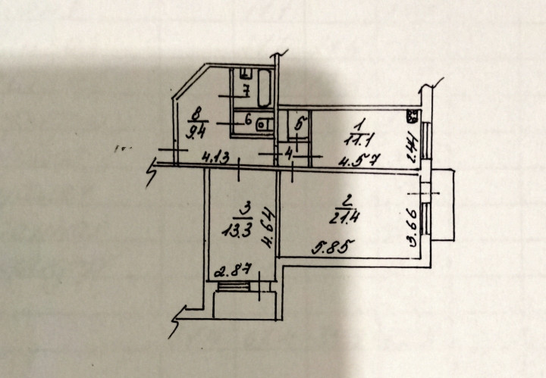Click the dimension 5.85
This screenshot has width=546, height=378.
(330, 247)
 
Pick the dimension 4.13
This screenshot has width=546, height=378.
(216, 158)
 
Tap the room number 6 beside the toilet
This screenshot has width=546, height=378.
(246, 119)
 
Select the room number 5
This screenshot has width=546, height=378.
(299, 123)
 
